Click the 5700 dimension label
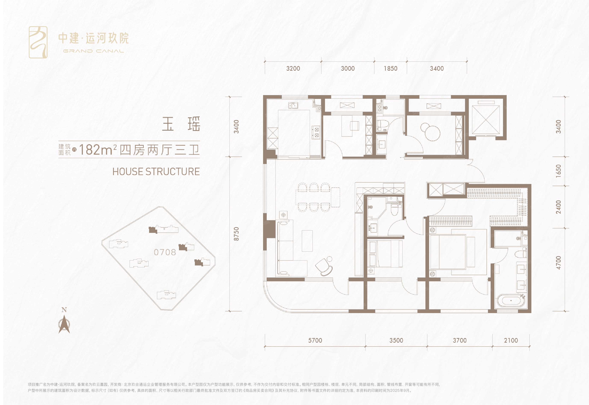click(315, 340)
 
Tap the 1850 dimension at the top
click(390, 69)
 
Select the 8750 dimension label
click(236, 234)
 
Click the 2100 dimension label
click(511, 340)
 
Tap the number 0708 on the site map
click(165, 252)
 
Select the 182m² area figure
click(98, 150)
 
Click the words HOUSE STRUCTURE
click(156, 172)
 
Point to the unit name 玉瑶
click(181, 124)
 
